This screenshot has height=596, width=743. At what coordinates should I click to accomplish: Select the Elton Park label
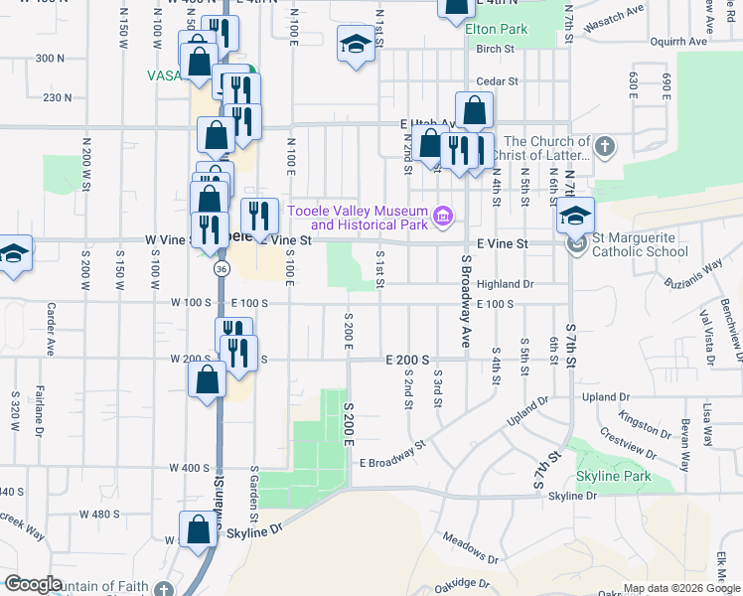496,30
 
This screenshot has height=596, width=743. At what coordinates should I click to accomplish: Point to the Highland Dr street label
506,283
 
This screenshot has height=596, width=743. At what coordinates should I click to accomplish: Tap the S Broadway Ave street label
465,298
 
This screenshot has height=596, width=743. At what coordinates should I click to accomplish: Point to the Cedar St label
498,80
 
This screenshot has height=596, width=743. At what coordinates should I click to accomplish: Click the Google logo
32,584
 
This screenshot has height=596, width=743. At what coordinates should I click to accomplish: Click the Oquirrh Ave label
677,42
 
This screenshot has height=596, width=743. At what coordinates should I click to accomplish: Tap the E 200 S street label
407,359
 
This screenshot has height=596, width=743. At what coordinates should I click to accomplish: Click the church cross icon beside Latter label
605,148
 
